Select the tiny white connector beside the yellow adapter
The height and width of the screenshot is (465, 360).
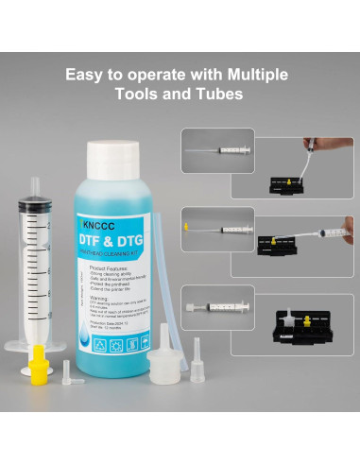pyautogui.click(x=68, y=367)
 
